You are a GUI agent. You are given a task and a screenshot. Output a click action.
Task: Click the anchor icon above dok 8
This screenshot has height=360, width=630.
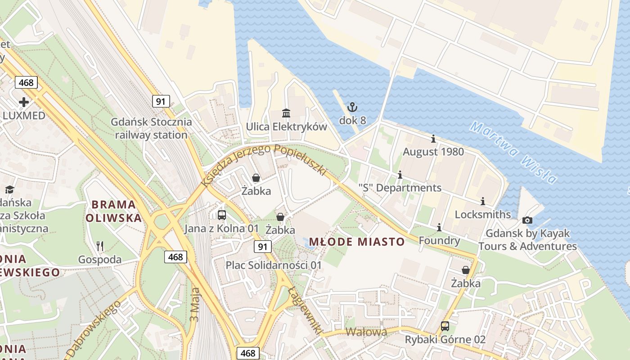click(352, 107)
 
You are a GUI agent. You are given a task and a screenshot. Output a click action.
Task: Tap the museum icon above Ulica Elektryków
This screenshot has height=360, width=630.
click(286, 112)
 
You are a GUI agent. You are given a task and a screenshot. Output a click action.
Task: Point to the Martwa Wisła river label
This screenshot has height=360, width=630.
click(513, 152)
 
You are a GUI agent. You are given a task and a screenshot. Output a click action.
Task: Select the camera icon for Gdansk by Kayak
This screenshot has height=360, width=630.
click(527, 220)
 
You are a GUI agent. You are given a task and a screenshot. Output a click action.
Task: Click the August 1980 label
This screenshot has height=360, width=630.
click(433, 152)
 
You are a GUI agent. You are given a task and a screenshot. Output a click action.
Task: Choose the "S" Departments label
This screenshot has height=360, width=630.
click(400, 188)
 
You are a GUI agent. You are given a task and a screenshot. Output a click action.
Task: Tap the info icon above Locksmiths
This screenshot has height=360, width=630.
click(483, 201)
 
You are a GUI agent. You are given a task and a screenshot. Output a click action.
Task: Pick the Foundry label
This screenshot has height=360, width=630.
click(439, 241)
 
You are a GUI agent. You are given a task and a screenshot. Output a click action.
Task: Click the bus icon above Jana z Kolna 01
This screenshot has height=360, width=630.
click(221, 215)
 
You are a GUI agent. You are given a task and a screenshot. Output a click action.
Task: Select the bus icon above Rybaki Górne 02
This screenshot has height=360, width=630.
click(445, 326)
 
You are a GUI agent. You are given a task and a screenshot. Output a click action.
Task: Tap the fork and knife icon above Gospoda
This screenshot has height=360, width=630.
click(100, 246)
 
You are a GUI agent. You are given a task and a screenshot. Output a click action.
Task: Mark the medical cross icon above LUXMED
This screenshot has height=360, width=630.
click(24, 102)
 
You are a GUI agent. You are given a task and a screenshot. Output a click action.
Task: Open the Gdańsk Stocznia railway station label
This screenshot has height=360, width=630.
click(151, 128)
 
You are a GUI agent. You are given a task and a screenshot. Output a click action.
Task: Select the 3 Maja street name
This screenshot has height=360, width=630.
click(194, 305)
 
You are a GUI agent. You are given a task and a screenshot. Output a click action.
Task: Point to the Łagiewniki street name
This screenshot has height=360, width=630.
click(306, 310)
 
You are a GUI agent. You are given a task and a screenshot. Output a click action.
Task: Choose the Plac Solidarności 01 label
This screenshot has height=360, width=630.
click(274, 265)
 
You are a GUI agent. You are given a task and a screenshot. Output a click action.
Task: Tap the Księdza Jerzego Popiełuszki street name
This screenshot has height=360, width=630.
click(263, 165)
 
